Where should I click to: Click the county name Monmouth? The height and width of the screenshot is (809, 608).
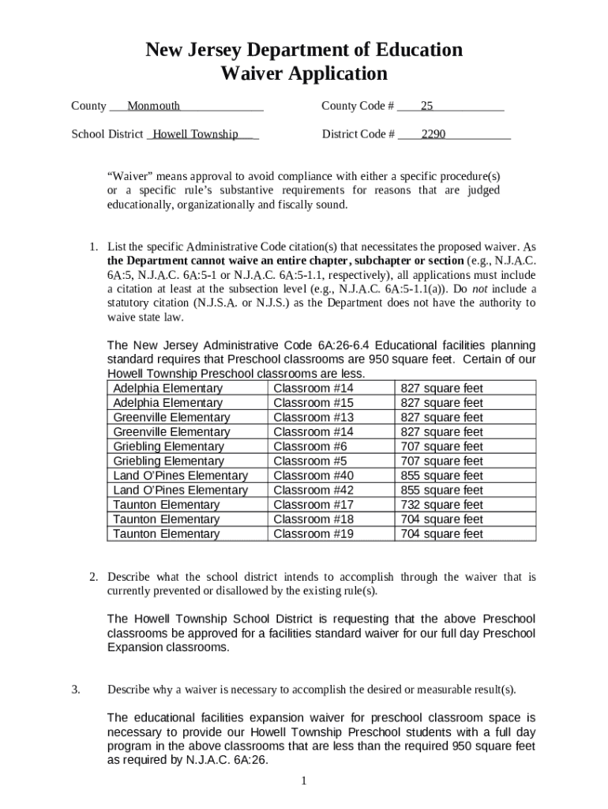click(x=153, y=106)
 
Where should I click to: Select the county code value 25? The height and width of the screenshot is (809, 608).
click(x=426, y=106)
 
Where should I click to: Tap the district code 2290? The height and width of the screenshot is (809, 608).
click(x=433, y=134)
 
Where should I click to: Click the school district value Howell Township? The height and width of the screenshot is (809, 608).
click(x=195, y=134)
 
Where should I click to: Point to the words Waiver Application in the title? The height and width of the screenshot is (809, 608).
click(x=304, y=74)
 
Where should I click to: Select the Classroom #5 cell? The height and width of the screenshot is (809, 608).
click(x=310, y=461)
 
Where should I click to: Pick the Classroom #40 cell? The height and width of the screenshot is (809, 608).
click(x=313, y=476)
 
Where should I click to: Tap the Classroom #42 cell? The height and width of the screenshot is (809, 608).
click(x=313, y=491)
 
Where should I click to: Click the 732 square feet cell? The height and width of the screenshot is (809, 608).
click(x=441, y=505)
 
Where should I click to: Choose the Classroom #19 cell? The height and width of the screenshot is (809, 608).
click(x=313, y=534)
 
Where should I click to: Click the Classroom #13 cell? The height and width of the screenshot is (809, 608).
click(x=313, y=417)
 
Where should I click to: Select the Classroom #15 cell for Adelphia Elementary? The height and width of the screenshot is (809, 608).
click(x=313, y=403)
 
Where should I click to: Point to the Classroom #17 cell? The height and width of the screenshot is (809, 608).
click(x=313, y=505)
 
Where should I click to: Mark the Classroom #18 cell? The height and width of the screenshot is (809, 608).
click(x=313, y=519)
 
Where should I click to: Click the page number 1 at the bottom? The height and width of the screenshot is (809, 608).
click(x=303, y=781)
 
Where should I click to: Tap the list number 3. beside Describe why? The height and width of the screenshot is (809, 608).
click(x=76, y=690)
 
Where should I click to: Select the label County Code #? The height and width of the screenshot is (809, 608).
click(x=358, y=106)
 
